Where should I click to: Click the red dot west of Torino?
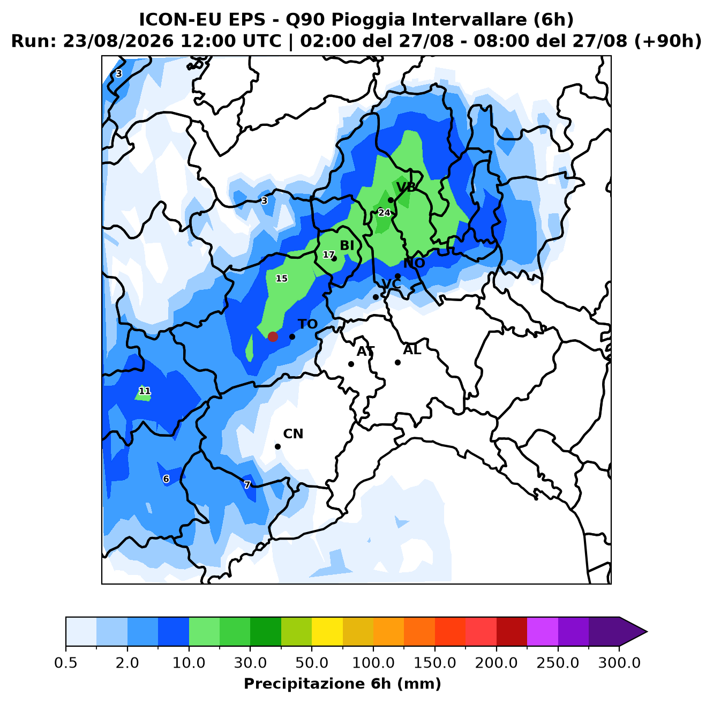point(273,336)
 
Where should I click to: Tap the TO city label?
point(308,324)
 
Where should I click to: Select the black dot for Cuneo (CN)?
point(277,446)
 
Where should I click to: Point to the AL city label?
point(412,350)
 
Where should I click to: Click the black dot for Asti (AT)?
point(351,364)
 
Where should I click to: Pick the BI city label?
point(347,245)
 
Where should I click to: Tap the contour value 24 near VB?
point(385,213)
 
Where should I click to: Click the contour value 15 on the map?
point(282,279)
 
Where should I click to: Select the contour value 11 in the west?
point(145,391)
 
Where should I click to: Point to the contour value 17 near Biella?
point(328,255)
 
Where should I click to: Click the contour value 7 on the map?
point(247,484)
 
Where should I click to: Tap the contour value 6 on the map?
point(166,479)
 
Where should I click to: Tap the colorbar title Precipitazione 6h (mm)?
point(342,683)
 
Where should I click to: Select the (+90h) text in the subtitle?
point(668,41)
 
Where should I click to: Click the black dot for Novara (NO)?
point(397,276)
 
